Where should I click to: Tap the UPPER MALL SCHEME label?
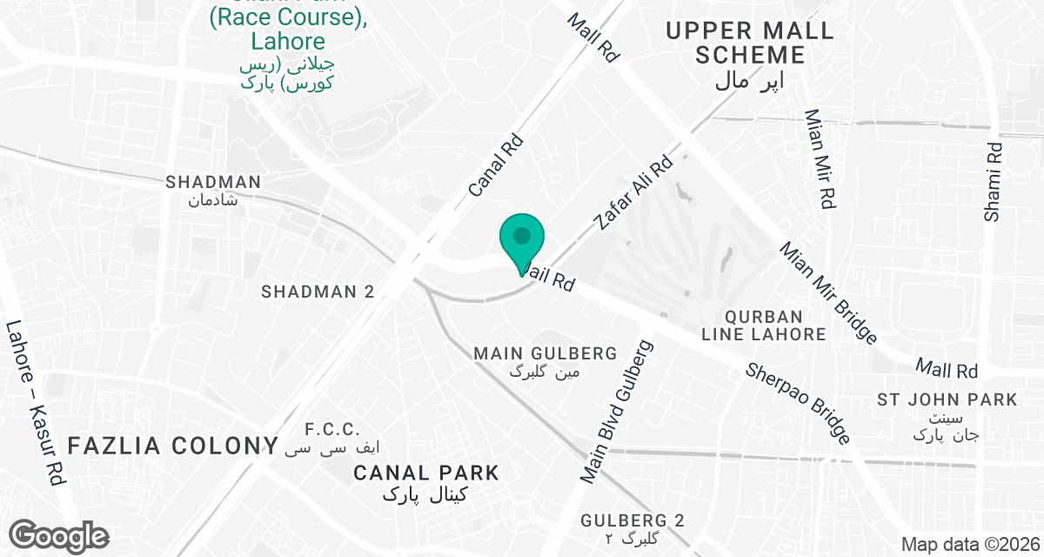pos(749,44)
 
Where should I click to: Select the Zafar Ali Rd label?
pos(633,193)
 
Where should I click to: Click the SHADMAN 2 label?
pos(318,292)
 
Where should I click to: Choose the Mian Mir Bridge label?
pos(828,292)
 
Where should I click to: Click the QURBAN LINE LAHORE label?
pos(764,325)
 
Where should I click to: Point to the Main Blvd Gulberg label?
pos(619,412)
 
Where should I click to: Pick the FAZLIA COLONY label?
pos(171,446)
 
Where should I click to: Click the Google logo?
pos(59,535)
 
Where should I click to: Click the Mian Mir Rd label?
pos(820,158)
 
